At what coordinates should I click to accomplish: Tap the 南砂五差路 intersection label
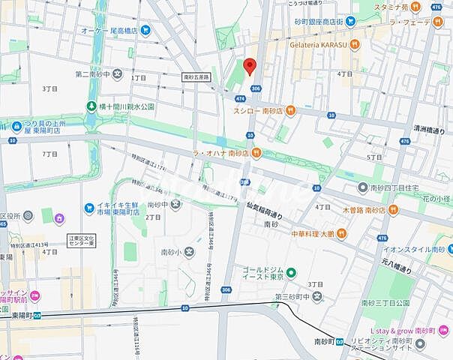pyautogui.click(x=198, y=77)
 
